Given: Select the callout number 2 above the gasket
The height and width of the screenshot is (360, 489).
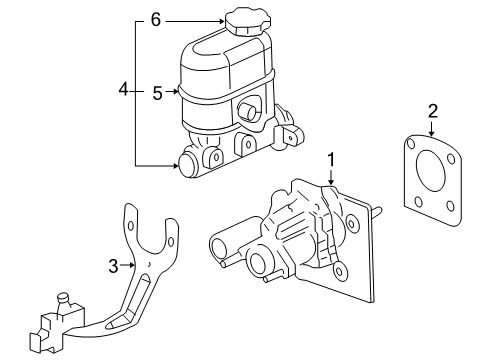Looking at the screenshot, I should (431, 109).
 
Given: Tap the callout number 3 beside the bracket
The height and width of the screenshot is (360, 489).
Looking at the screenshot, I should (114, 265).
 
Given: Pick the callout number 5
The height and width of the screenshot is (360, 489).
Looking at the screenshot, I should (157, 93).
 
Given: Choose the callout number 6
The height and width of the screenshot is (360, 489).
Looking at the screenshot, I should (155, 19).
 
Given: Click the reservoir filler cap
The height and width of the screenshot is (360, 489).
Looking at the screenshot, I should (243, 21).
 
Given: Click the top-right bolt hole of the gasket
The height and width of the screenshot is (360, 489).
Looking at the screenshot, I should (442, 152).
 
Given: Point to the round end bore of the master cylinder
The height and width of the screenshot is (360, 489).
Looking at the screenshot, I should (187, 166).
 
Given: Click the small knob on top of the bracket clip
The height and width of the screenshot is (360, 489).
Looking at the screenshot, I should (64, 297).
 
